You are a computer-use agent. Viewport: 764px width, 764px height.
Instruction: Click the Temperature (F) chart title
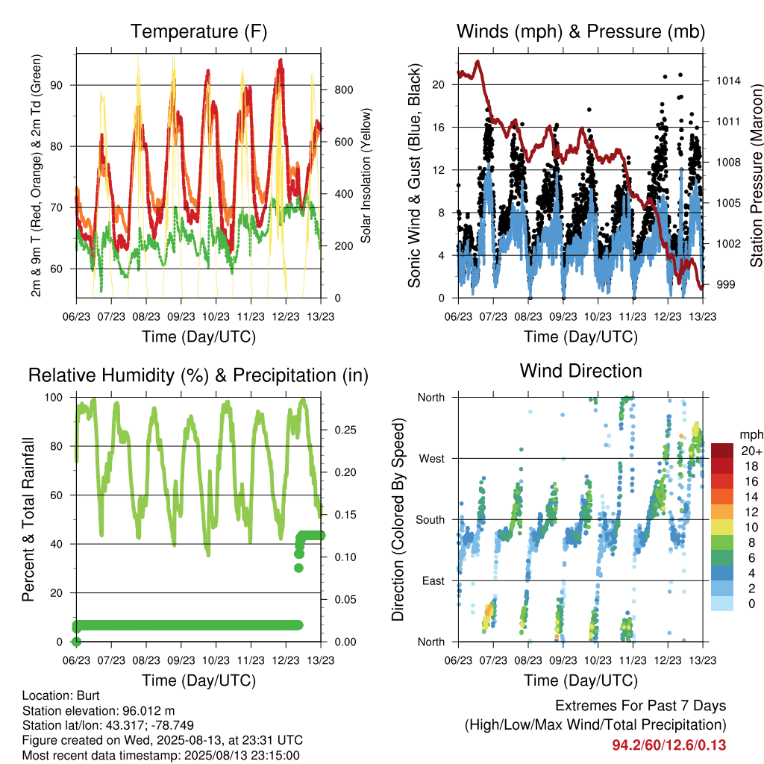click(x=198, y=31)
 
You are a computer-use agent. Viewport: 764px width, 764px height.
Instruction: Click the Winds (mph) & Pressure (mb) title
click(x=580, y=31)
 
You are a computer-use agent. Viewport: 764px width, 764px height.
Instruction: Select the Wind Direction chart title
click(x=580, y=371)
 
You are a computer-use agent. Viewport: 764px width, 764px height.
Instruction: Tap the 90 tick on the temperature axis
click(x=57, y=85)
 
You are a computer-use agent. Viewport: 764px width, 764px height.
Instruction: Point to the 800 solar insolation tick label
click(x=344, y=90)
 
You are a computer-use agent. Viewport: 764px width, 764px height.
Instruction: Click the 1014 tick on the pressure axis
click(x=728, y=81)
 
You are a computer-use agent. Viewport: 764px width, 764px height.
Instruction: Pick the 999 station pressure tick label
click(x=725, y=284)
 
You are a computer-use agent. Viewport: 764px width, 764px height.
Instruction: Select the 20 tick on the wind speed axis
click(x=439, y=85)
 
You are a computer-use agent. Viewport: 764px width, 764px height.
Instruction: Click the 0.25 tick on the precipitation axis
click(x=345, y=430)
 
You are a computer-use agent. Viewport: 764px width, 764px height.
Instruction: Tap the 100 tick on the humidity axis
click(x=54, y=398)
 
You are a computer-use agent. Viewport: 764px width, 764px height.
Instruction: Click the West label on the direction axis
click(x=432, y=459)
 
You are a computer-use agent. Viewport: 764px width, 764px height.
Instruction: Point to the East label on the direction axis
click(x=433, y=580)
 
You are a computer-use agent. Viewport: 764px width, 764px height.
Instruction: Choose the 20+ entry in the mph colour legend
click(x=751, y=451)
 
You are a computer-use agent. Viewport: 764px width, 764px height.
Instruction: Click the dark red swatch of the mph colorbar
click(x=722, y=451)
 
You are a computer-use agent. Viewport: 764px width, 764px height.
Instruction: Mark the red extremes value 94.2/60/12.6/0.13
click(x=669, y=745)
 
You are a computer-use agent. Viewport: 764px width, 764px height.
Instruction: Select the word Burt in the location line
click(x=88, y=696)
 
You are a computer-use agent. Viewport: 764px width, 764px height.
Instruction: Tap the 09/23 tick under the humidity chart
click(x=181, y=660)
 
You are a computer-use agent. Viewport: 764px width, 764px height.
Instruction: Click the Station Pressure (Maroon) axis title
click(x=756, y=175)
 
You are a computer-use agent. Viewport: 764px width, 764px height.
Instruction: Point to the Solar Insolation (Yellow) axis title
click(x=366, y=175)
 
